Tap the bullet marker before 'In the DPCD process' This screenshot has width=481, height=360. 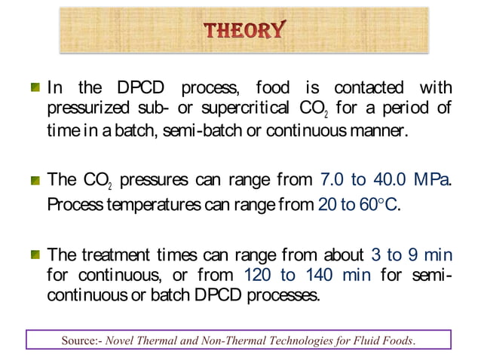tap(35, 89)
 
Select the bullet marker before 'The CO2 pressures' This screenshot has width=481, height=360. tap(35, 180)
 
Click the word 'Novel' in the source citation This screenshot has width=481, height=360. tap(122, 340)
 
